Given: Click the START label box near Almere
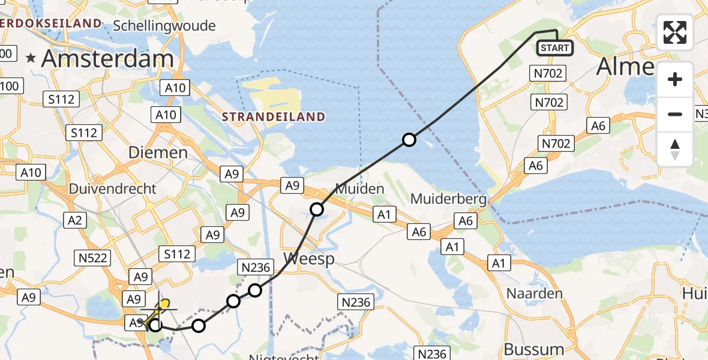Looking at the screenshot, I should tap(554, 48).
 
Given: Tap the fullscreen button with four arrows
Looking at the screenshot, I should tap(675, 32).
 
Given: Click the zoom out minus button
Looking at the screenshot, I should tap(675, 114).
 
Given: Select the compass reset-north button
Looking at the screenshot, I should tap(675, 149).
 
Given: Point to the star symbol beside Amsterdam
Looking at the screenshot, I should tap(32, 58).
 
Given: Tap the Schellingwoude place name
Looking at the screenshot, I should tap(164, 26).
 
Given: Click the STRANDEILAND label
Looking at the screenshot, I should tap(273, 116).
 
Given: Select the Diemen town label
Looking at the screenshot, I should tap(158, 152).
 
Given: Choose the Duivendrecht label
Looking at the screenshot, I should tap(112, 188).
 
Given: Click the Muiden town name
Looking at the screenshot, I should tap(360, 189).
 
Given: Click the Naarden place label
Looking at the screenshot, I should tap(535, 293).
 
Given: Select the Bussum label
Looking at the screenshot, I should tap(534, 349).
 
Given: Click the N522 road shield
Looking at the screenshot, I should tap(94, 258).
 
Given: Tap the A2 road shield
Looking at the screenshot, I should tap(75, 220).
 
